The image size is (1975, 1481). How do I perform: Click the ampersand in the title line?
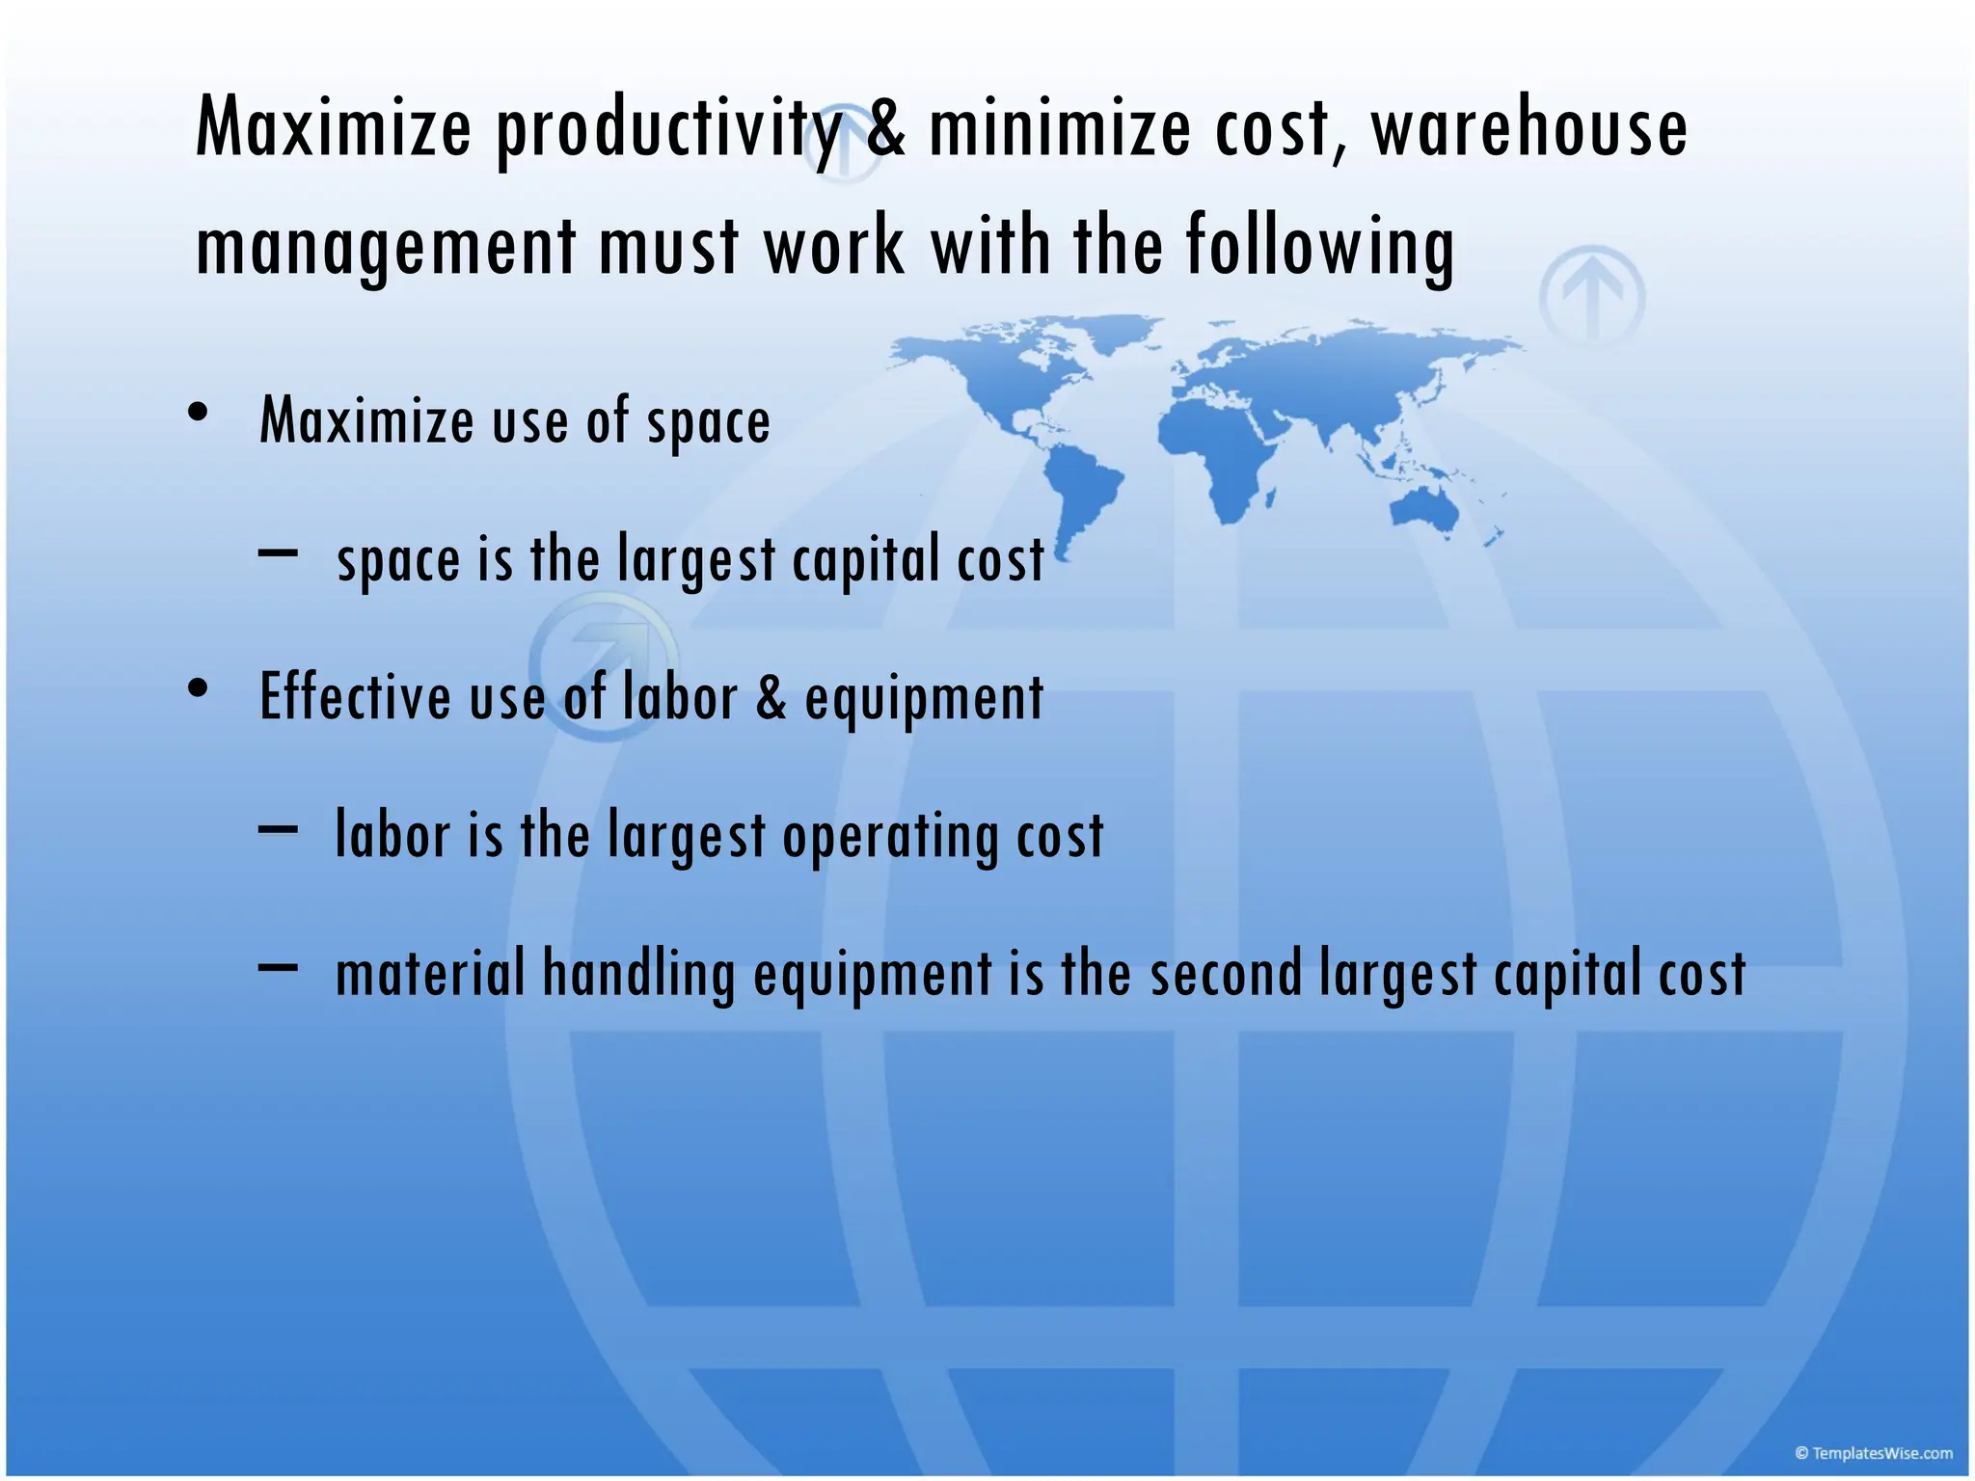point(885,130)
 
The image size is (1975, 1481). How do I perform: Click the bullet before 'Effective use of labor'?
point(199,689)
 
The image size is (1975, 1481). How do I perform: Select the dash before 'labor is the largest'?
point(278,827)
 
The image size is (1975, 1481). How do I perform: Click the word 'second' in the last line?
point(1226,974)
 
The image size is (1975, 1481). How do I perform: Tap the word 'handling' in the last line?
point(638,974)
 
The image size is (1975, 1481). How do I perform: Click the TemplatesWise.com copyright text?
point(1873,1453)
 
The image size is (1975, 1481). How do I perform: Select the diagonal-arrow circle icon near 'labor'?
point(603,665)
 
